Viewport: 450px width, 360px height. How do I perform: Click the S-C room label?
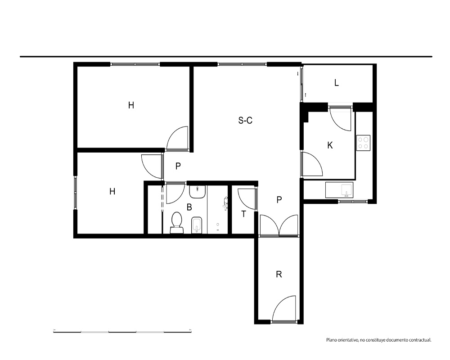click(245, 120)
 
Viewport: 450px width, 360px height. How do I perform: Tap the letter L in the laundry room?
click(336, 83)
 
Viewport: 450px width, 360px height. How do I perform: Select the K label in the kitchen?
click(330, 145)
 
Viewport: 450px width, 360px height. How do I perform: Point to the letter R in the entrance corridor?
click(279, 274)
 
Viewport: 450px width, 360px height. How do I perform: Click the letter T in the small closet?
click(243, 214)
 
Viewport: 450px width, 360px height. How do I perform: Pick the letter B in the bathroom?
click(189, 207)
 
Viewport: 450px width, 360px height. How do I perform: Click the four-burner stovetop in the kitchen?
click(363, 143)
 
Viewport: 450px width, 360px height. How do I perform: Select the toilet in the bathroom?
click(176, 222)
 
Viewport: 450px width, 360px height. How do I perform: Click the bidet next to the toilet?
click(197, 225)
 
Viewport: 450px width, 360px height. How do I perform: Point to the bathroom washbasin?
click(197, 192)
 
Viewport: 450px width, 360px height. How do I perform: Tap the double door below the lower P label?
click(279, 225)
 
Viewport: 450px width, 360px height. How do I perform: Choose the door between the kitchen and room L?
click(340, 118)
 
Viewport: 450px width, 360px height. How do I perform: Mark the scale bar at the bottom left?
click(122, 332)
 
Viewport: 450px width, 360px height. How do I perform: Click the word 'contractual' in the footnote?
click(420, 340)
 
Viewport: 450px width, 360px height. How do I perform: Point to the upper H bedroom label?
click(131, 105)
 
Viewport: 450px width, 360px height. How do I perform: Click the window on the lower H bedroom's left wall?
click(76, 192)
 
